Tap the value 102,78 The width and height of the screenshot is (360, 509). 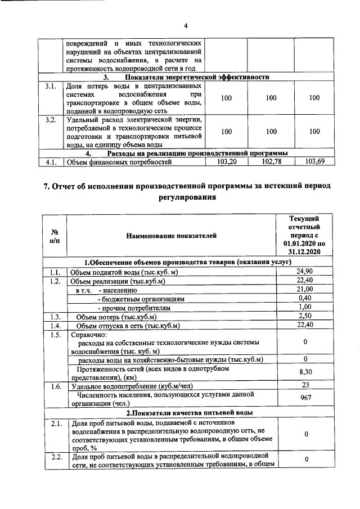point(271,162)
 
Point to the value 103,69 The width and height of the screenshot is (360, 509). point(314,162)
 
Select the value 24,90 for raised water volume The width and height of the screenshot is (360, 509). point(304,272)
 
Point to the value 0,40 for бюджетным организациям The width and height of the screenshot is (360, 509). point(304,298)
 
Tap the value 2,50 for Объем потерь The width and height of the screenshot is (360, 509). point(304,316)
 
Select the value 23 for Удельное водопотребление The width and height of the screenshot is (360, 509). point(304,385)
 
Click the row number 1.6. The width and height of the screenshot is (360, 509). point(55,386)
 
